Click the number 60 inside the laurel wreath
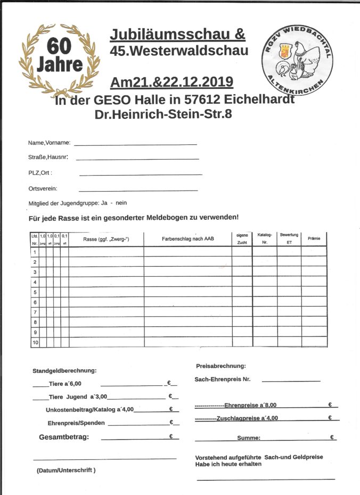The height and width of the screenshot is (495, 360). pyautogui.click(x=59, y=46)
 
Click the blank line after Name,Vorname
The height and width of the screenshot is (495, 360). pyautogui.click(x=135, y=144)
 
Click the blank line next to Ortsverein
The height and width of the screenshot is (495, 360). pyautogui.click(x=138, y=189)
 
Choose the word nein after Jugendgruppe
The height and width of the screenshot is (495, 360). pyautogui.click(x=121, y=203)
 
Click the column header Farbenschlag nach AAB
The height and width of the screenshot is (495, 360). pyautogui.click(x=187, y=240)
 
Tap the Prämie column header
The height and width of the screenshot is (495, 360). pyautogui.click(x=314, y=239)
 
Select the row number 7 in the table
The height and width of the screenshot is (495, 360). pyautogui.click(x=35, y=312)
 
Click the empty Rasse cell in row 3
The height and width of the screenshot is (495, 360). pyautogui.click(x=105, y=272)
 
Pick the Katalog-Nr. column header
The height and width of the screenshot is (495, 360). pyautogui.click(x=265, y=238)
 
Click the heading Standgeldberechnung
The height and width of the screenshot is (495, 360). pyautogui.click(x=64, y=370)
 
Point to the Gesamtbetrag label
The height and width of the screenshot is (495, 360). pyautogui.click(x=64, y=437)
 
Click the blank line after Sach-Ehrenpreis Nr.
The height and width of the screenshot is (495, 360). pyautogui.click(x=291, y=380)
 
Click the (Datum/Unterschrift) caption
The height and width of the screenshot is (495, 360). pyautogui.click(x=66, y=471)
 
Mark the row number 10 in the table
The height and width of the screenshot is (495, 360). pyautogui.click(x=35, y=342)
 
